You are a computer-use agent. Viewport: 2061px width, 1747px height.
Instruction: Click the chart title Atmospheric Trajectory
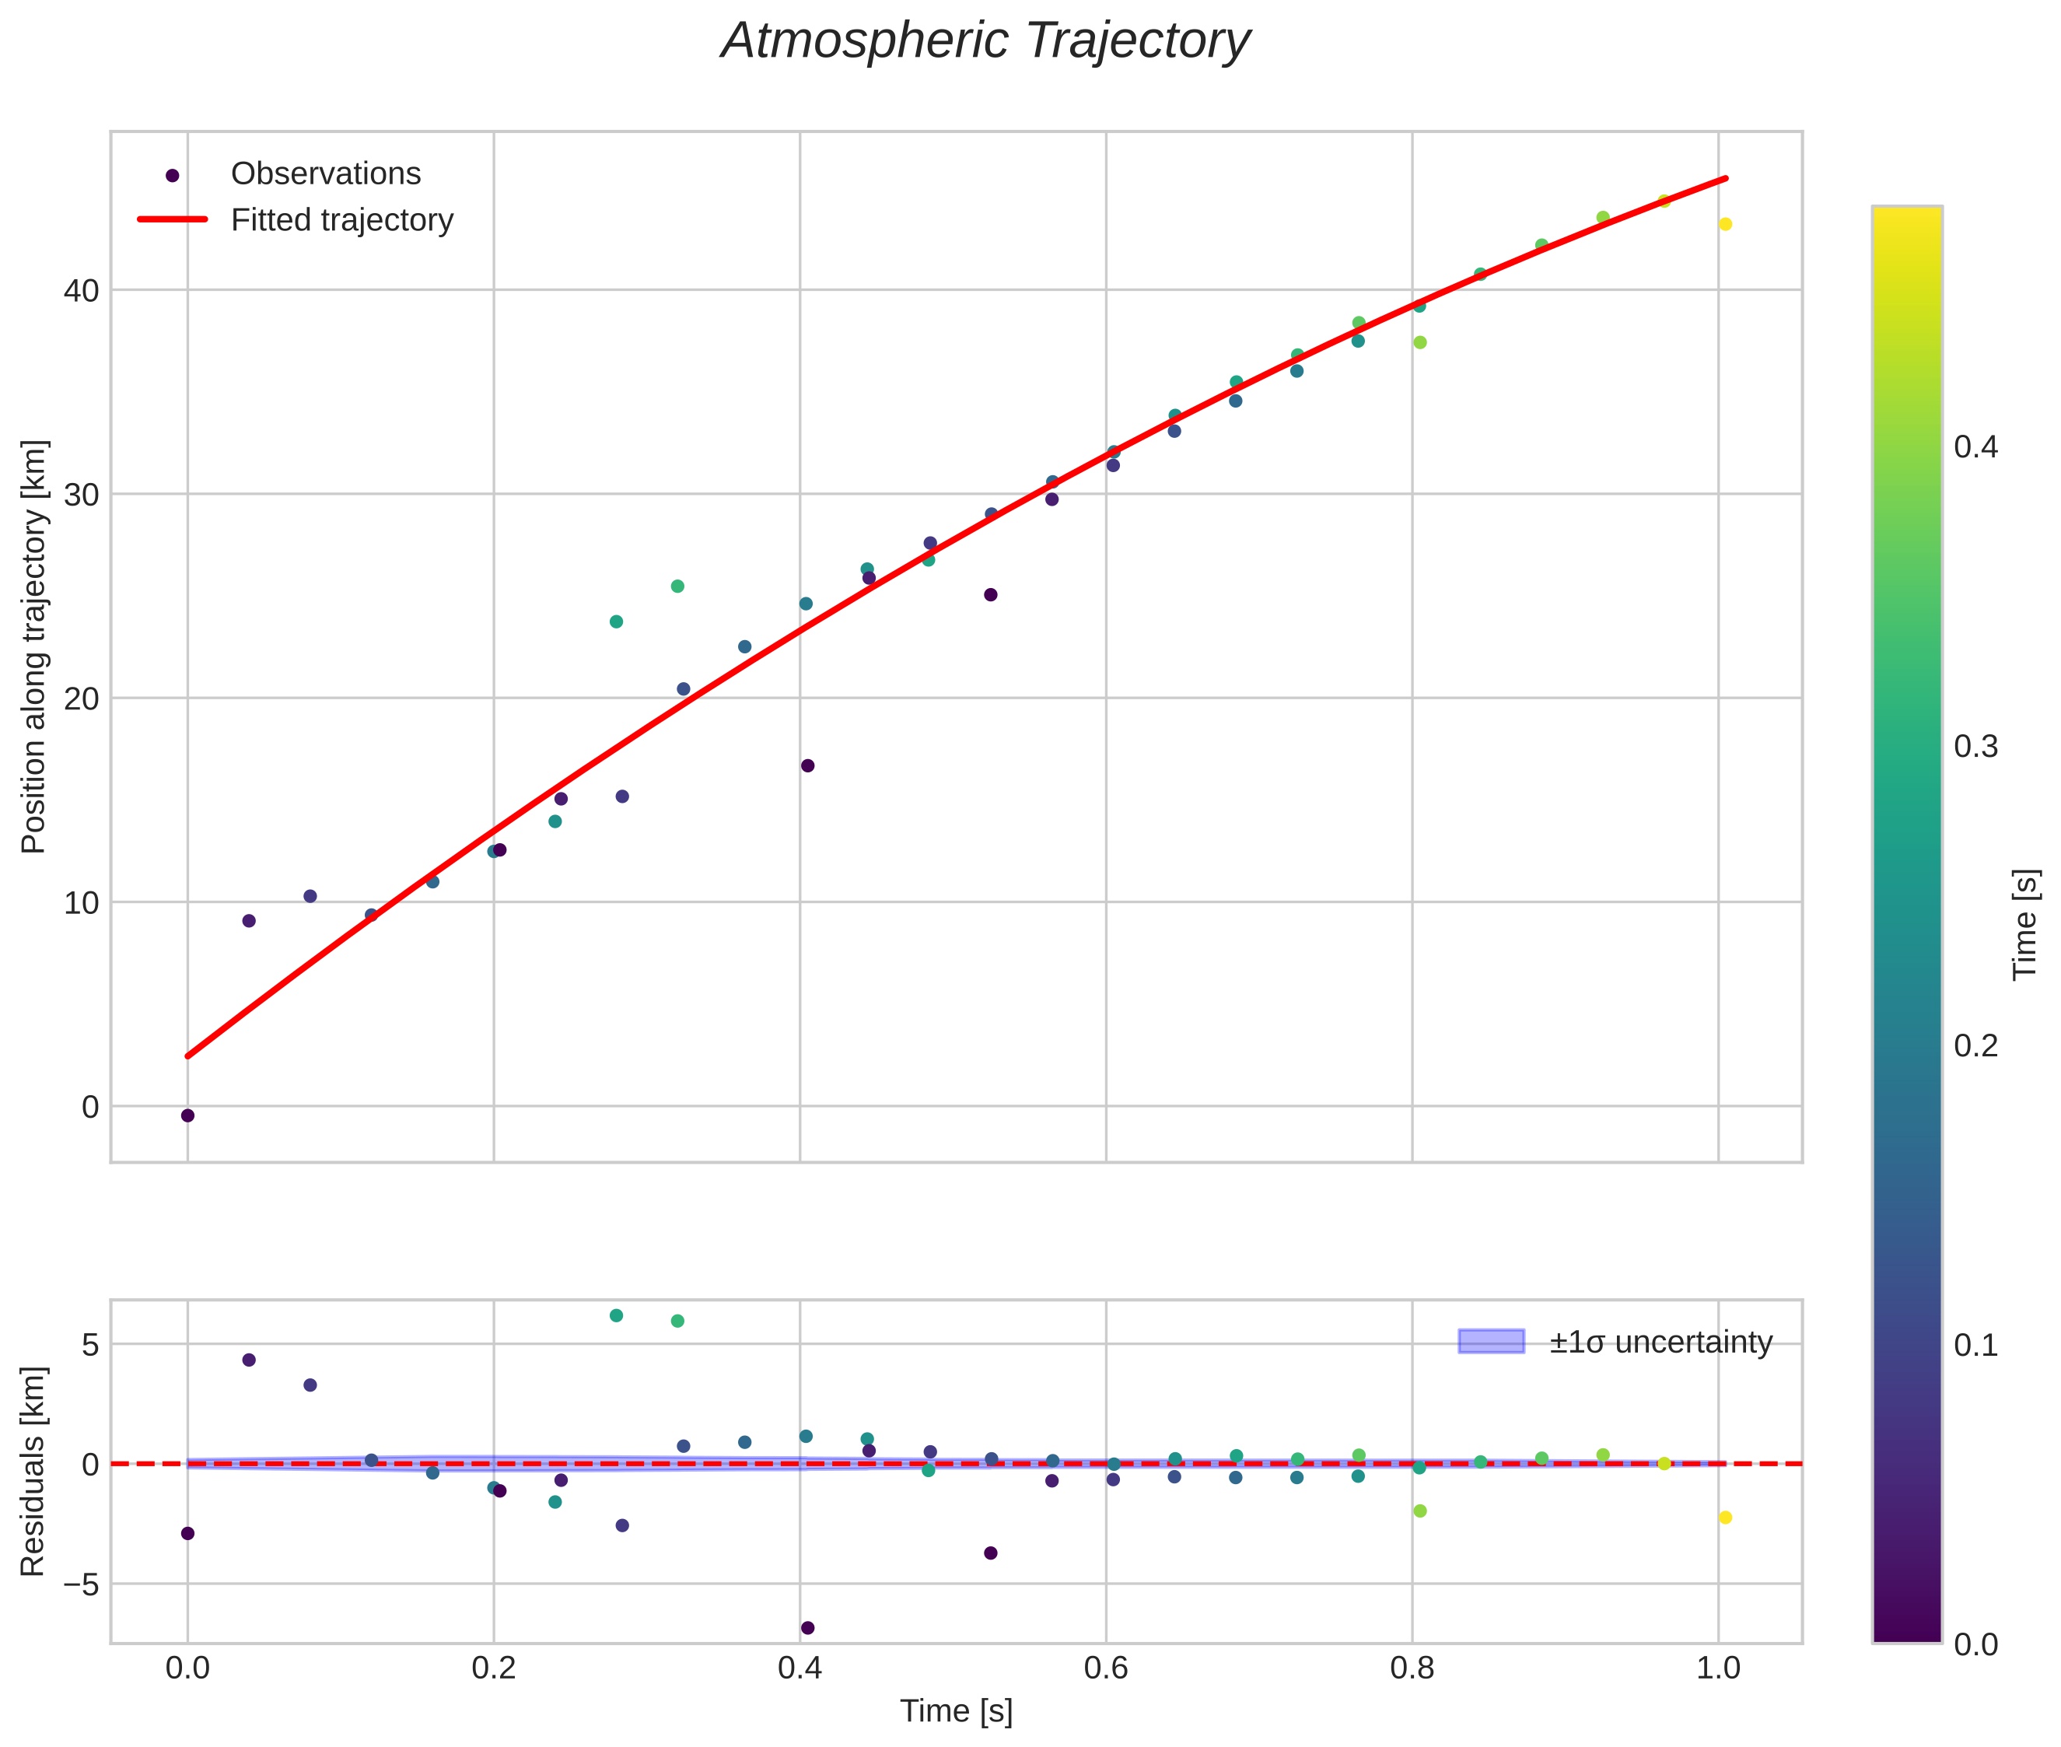click(x=985, y=41)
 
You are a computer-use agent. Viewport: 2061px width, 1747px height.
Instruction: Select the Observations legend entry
click(x=325, y=173)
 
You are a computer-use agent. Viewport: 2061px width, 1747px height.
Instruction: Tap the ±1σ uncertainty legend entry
click(x=1660, y=1342)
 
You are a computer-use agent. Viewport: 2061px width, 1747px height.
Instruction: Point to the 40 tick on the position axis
click(x=82, y=290)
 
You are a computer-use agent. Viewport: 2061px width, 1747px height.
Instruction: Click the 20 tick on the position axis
click(x=82, y=698)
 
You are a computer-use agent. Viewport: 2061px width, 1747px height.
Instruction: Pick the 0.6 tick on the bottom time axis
click(x=1105, y=1668)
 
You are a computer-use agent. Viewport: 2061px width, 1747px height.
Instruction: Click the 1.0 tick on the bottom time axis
click(x=1717, y=1668)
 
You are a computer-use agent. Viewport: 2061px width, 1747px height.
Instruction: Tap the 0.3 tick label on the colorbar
click(x=1975, y=746)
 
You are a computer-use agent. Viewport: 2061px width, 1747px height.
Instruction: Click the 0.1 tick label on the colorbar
click(x=1975, y=1345)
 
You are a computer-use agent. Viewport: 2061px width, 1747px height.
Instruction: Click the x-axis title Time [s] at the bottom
click(x=956, y=1711)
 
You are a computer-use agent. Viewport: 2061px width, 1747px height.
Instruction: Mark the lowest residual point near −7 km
click(x=807, y=1628)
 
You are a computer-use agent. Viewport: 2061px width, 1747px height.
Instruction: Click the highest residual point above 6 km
click(x=616, y=1315)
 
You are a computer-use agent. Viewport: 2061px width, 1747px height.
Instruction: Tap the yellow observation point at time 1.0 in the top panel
click(x=1725, y=224)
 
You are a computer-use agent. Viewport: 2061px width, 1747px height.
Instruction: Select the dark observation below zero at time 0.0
click(x=187, y=1115)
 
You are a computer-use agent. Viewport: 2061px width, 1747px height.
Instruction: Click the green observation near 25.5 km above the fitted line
click(x=677, y=586)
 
